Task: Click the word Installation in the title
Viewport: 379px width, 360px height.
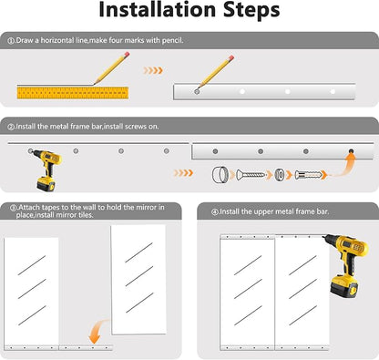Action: point(158,10)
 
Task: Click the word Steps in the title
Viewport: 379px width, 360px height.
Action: point(251,11)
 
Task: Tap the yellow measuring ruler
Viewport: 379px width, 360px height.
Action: point(73,93)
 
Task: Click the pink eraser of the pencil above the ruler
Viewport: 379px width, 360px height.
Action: point(127,55)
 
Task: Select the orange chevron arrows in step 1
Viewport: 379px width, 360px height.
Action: point(153,70)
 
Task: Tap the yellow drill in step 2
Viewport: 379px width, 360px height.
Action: point(46,170)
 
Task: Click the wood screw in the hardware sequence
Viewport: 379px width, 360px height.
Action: point(251,174)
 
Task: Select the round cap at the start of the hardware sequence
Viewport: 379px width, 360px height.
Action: point(220,175)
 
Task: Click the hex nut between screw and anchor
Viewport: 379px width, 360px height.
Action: point(280,175)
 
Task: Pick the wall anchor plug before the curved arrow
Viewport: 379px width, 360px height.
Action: point(308,175)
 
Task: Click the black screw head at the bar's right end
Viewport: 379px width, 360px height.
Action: point(351,150)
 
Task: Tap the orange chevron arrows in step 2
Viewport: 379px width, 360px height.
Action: point(183,173)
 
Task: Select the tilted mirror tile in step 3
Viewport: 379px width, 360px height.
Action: point(138,280)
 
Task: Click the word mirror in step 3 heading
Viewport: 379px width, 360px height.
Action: point(147,207)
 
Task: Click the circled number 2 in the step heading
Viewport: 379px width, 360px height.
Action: point(11,127)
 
